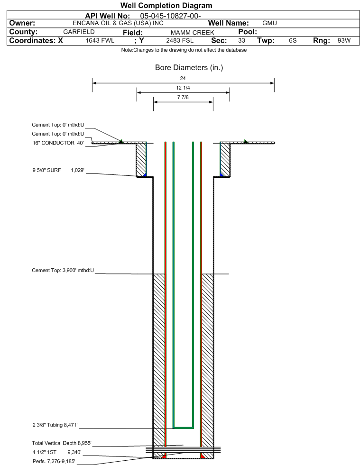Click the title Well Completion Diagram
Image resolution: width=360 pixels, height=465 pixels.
(166, 5)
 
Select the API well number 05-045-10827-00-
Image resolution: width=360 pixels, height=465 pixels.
(170, 16)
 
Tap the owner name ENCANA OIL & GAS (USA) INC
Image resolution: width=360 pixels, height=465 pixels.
(118, 23)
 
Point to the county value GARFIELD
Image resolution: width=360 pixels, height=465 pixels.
(79, 32)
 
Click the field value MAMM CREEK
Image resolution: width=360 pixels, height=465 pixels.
(192, 32)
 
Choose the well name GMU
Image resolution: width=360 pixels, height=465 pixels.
(269, 23)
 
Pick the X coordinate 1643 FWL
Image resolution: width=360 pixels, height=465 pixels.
(100, 40)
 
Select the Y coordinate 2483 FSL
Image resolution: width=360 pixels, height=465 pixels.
(180, 40)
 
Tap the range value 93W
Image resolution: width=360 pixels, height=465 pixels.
(344, 40)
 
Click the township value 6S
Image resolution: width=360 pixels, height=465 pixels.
(293, 40)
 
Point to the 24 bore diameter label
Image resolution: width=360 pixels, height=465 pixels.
(183, 78)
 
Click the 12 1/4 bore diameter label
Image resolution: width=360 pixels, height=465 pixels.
(183, 88)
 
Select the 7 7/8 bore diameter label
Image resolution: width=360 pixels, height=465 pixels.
(183, 97)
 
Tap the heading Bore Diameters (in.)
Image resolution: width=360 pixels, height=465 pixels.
(189, 68)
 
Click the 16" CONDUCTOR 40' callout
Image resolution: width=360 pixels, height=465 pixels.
(58, 143)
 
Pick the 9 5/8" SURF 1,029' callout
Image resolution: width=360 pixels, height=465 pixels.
(58, 170)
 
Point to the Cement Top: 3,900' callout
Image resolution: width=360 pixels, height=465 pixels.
(63, 271)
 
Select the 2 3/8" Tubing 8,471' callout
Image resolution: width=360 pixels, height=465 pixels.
(55, 425)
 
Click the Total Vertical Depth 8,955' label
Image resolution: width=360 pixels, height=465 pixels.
(62, 443)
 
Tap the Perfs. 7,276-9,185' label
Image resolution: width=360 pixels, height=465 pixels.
(54, 461)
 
